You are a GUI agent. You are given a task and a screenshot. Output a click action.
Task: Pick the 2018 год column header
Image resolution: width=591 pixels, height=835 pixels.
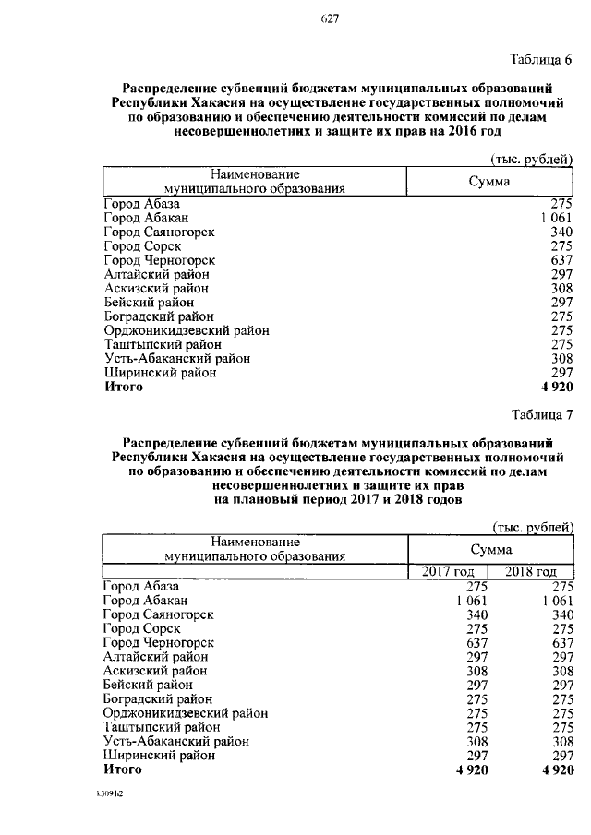(532, 572)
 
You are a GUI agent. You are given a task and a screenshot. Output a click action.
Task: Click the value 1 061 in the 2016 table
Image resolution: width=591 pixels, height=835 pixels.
(555, 217)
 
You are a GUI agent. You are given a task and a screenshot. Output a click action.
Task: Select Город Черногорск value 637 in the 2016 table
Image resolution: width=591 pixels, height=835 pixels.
(562, 260)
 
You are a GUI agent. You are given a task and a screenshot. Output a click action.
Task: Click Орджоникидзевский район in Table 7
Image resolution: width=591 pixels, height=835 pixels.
(187, 713)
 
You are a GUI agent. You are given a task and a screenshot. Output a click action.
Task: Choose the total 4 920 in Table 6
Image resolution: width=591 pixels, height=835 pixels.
(554, 388)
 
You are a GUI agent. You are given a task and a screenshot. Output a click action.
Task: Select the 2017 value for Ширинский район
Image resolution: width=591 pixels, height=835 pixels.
(475, 756)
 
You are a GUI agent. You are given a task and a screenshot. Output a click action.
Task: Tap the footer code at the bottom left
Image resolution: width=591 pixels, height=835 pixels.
(112, 794)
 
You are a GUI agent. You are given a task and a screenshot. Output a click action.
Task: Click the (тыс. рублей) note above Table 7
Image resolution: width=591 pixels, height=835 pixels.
(533, 527)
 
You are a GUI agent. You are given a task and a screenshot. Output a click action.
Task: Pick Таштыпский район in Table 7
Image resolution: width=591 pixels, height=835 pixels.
(157, 727)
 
